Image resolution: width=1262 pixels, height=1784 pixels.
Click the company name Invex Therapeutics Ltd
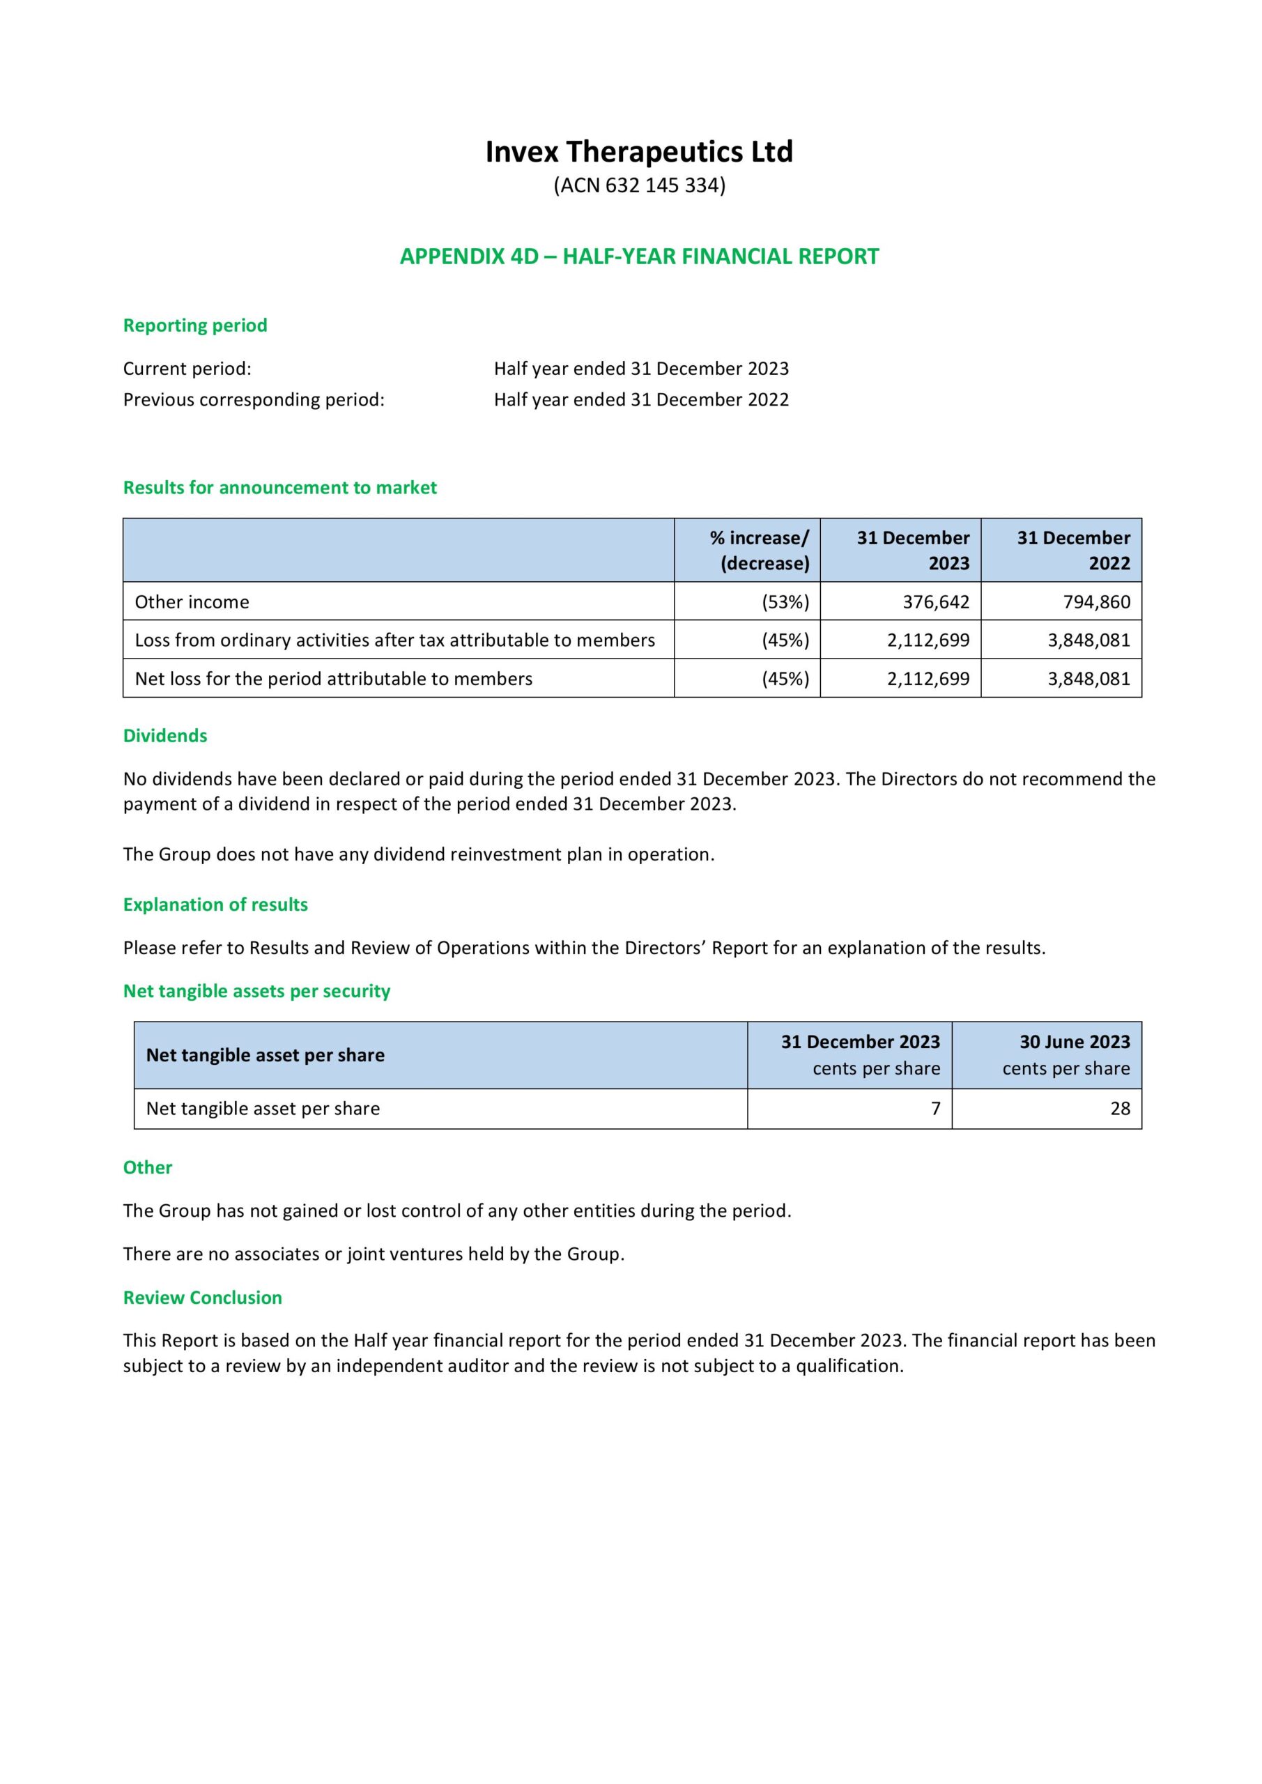click(639, 151)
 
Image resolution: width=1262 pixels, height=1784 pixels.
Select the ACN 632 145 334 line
click(639, 185)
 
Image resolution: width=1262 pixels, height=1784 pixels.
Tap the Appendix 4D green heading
click(639, 256)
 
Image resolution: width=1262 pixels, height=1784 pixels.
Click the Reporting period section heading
click(195, 325)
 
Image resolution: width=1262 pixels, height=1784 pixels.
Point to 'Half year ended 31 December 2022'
click(641, 399)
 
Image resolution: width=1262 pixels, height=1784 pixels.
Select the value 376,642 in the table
click(936, 601)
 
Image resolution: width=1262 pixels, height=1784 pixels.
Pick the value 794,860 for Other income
click(1096, 601)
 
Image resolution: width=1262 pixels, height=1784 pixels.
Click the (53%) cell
click(785, 601)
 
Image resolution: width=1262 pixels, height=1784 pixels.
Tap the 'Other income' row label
click(192, 601)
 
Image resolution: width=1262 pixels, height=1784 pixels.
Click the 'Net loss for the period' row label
click(333, 678)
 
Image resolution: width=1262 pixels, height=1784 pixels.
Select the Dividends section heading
click(164, 735)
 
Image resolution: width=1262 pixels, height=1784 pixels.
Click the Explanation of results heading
click(215, 905)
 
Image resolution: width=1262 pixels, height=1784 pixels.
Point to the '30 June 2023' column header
click(1074, 1042)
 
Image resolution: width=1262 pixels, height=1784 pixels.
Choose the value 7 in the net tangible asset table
click(936, 1108)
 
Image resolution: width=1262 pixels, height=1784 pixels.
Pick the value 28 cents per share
click(1120, 1108)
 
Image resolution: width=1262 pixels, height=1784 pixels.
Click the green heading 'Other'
click(148, 1167)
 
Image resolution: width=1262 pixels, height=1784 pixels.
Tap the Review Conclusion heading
click(202, 1298)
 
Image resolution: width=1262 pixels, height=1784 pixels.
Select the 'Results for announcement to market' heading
click(279, 487)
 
